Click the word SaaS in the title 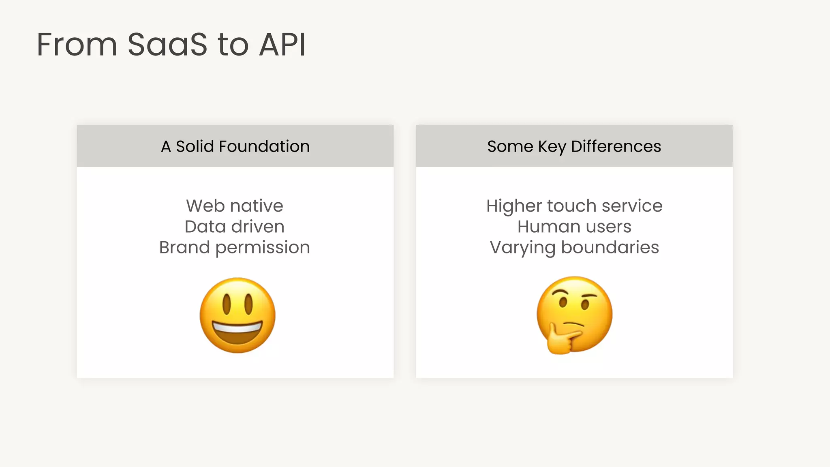167,45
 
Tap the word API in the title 282,45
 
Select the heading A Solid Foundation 235,146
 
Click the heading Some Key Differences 574,146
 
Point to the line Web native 235,206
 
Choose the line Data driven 235,227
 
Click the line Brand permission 235,247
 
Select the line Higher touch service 574,206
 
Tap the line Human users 574,227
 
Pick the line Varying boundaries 574,247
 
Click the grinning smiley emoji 237,315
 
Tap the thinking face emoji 574,314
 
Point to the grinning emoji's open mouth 237,330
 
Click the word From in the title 77,45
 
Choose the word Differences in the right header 616,146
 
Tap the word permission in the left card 263,248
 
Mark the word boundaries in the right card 610,247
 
